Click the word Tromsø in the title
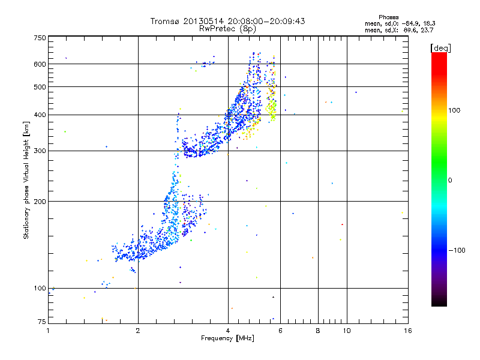pos(165,21)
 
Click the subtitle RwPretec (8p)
pos(227,28)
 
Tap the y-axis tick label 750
pos(40,38)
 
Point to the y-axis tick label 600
pos(40,64)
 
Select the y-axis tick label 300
pos(40,151)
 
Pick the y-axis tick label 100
pos(40,288)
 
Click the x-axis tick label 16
pos(407,330)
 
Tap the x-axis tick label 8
pos(318,330)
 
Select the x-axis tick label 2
pos(138,330)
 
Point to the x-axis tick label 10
pos(346,330)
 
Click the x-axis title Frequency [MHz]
pos(227,339)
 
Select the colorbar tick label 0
pos(451,180)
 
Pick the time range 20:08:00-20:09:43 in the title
pos(267,21)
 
